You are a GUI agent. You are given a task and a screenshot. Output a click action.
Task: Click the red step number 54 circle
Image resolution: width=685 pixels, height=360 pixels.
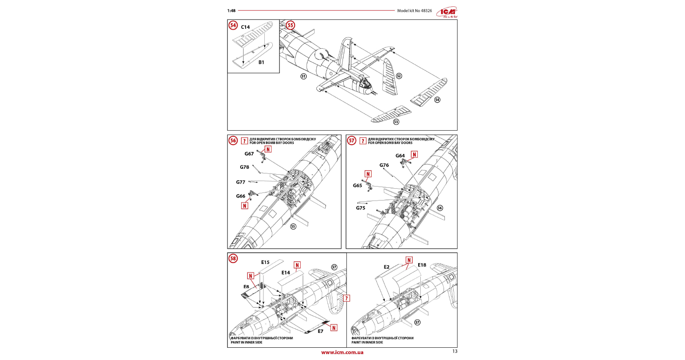point(233,25)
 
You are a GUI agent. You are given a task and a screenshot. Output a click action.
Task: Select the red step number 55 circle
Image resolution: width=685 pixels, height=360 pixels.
point(290,25)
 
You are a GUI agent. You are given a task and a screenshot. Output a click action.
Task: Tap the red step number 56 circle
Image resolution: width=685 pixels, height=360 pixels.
point(233,140)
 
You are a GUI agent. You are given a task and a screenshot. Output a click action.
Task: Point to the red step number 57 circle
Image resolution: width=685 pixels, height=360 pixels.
point(351,140)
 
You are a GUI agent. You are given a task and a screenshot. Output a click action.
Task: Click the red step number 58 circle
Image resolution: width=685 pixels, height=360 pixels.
point(233,258)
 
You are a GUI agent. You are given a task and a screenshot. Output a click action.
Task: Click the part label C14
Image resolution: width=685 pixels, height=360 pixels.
point(245,27)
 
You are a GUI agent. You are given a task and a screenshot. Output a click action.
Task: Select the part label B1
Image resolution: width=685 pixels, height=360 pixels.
point(261,62)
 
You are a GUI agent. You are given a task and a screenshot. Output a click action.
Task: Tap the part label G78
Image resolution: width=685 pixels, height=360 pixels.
point(244,167)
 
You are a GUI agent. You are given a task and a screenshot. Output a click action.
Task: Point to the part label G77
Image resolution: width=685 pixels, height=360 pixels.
point(241,182)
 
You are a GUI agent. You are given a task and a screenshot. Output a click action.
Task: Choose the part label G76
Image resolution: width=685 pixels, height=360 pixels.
point(384,165)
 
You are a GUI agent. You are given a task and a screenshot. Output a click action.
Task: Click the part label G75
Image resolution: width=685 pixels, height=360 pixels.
point(360,208)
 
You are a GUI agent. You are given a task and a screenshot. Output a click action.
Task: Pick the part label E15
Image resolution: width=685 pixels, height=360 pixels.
point(265,262)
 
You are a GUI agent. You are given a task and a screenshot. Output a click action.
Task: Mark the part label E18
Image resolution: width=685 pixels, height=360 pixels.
point(422,265)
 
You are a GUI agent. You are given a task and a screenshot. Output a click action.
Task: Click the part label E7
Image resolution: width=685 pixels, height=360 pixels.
point(321,331)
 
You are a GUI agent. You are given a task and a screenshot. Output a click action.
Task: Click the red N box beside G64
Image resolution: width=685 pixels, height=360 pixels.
point(414,155)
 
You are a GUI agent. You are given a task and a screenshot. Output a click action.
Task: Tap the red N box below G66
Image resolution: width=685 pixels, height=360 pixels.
point(244,206)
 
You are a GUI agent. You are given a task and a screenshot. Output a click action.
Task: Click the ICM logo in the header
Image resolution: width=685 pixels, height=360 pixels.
point(447,12)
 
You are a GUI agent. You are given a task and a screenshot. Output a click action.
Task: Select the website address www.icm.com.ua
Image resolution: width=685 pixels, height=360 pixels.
point(342,352)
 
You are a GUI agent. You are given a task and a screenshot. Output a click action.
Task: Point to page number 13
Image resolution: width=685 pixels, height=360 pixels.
point(455,351)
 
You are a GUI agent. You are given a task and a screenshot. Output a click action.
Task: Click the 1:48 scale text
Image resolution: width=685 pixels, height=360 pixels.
point(231,11)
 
